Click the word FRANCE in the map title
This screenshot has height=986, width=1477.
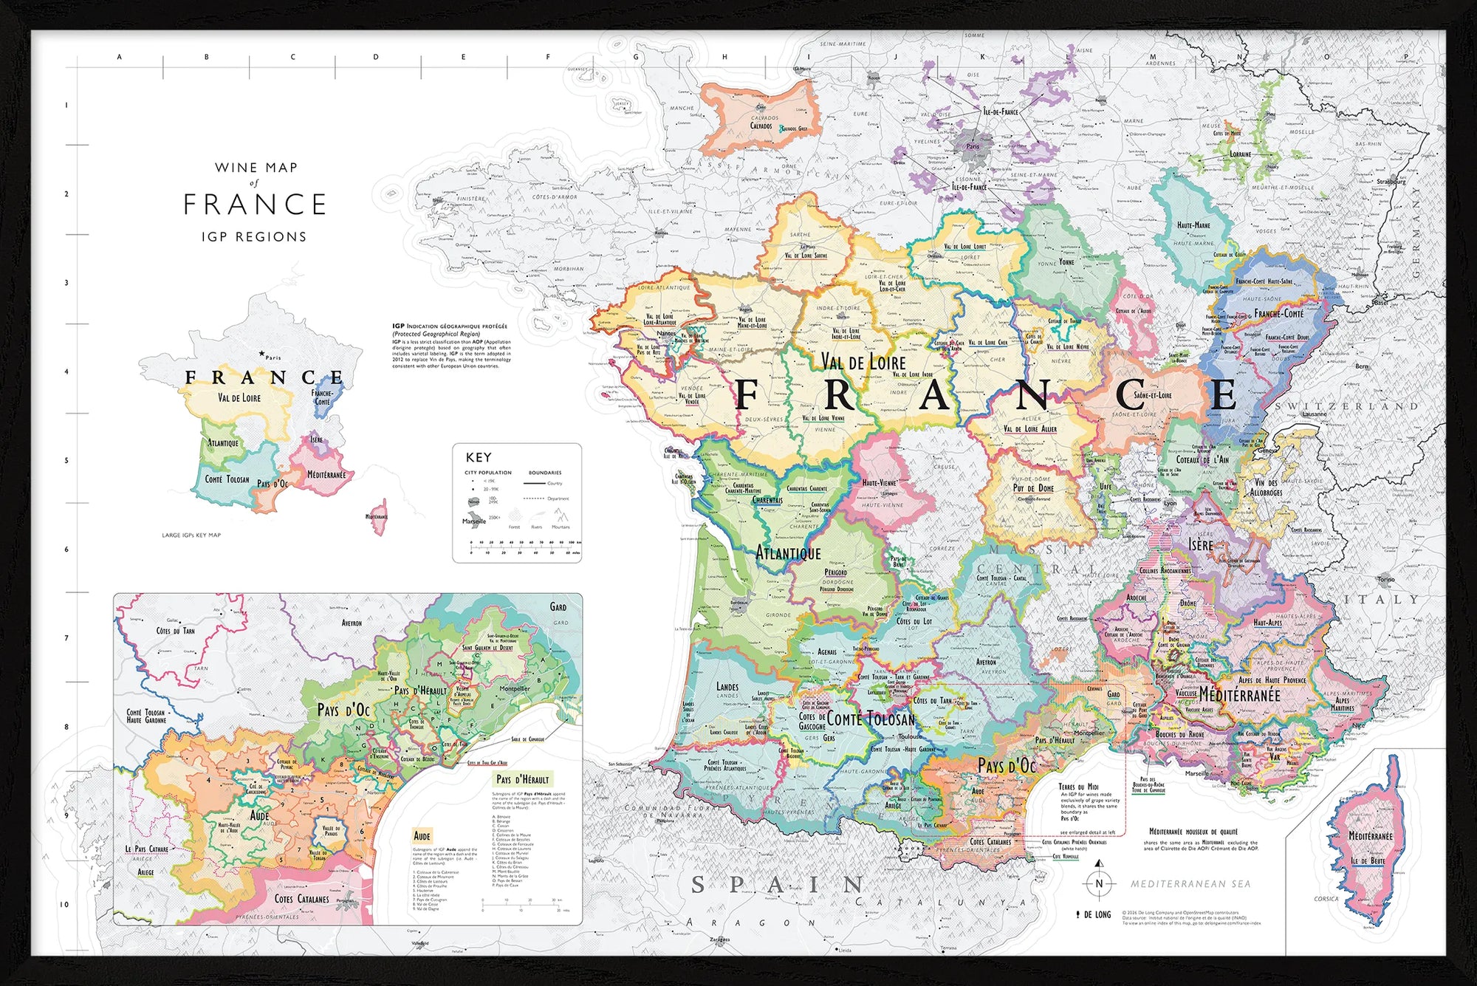[255, 205]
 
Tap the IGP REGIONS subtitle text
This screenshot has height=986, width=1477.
[254, 237]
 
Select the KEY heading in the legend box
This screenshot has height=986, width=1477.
[478, 457]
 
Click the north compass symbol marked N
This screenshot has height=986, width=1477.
[1099, 883]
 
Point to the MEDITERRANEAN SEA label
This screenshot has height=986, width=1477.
[1190, 884]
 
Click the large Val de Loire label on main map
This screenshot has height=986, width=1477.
[863, 362]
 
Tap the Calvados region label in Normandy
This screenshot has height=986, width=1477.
[761, 126]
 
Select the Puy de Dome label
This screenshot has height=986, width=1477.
[1033, 488]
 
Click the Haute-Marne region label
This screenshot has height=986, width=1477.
[1193, 225]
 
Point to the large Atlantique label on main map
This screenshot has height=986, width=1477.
[788, 552]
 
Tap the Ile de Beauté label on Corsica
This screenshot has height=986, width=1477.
[1368, 860]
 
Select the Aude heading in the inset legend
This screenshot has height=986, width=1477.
[422, 836]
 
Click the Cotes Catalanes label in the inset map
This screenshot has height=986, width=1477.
[301, 899]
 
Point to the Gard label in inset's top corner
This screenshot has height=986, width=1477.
[558, 607]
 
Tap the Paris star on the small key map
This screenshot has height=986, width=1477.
[261, 354]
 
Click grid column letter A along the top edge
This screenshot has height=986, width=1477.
[119, 57]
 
